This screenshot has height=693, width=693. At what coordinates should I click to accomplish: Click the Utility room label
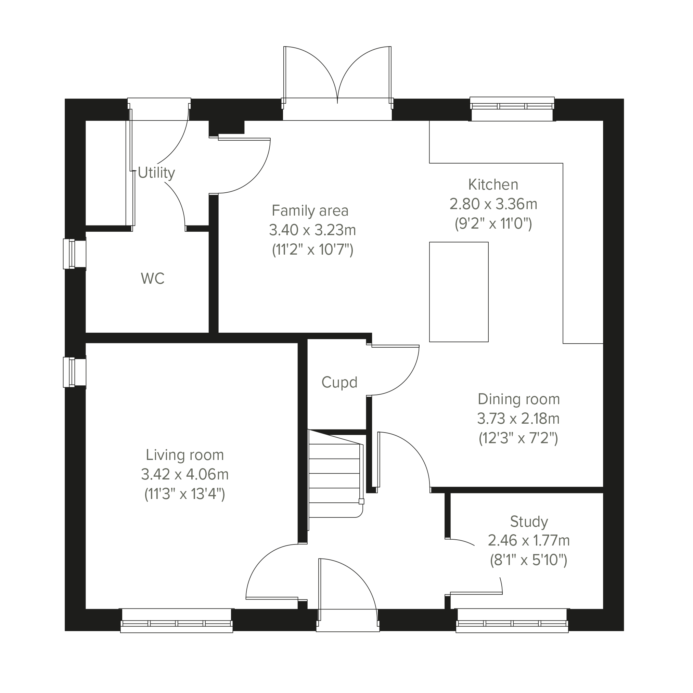(156, 173)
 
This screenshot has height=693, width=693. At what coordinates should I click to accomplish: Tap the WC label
(153, 279)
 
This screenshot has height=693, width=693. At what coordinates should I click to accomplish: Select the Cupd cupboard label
(339, 383)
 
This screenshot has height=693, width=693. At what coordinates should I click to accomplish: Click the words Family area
(310, 210)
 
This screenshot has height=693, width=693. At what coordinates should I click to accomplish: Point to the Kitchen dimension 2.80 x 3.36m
(493, 204)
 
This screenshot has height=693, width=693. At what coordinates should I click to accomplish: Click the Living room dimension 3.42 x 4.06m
(185, 475)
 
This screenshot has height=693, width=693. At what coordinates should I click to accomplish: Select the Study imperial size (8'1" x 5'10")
(529, 560)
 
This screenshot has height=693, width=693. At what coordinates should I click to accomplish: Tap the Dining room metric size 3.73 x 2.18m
(518, 419)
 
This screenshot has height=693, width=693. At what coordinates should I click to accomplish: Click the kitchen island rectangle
(459, 292)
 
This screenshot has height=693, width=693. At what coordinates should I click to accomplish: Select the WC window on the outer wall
(75, 254)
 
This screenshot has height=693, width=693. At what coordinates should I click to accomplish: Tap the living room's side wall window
(75, 372)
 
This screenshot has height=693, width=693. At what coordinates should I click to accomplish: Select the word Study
(529, 522)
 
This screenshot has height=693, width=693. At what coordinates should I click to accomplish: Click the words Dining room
(519, 400)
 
